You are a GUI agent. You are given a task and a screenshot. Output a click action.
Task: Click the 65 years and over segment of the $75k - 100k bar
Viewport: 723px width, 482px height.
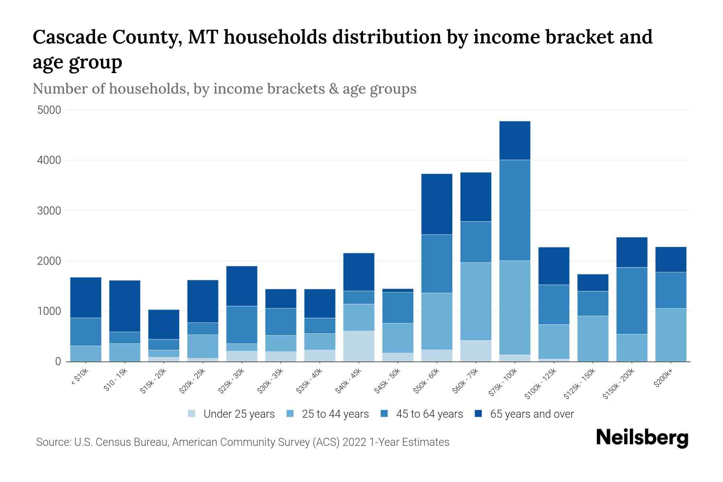[x=515, y=141]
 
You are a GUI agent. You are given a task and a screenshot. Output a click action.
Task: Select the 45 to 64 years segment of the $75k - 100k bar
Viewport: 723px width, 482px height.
[x=515, y=210]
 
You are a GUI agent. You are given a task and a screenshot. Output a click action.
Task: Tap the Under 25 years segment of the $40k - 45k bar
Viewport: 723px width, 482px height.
[x=359, y=346]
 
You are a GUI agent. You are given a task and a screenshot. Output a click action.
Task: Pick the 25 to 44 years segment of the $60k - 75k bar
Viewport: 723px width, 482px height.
[x=476, y=301]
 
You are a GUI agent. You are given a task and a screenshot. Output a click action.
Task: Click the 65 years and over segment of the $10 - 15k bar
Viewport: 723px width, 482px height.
[x=125, y=306]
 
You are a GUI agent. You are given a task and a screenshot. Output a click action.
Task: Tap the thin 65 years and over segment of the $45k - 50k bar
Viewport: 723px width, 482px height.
[x=398, y=290]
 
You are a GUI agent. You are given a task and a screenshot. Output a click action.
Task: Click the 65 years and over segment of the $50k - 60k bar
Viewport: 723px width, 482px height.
[x=437, y=204]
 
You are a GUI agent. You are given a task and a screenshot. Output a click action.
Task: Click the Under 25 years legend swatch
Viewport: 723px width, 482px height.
[x=192, y=414]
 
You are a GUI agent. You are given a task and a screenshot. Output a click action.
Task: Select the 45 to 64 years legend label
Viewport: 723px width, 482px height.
[x=429, y=414]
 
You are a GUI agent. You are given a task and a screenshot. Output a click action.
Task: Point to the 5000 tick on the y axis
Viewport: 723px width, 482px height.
[x=49, y=110]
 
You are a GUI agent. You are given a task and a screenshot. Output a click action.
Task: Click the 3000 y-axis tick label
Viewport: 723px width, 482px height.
[x=49, y=211]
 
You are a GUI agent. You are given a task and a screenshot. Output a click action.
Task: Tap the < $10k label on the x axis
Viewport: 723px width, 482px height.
[x=80, y=378]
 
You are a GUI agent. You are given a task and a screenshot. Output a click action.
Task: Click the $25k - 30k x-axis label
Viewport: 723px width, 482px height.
[x=231, y=381]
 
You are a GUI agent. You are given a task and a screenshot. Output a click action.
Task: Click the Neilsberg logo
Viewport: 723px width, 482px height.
[x=642, y=438]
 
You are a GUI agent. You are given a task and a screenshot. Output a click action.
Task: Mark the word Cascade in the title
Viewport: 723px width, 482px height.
[x=69, y=37]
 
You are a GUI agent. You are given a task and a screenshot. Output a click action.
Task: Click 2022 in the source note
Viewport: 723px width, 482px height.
[x=355, y=442]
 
